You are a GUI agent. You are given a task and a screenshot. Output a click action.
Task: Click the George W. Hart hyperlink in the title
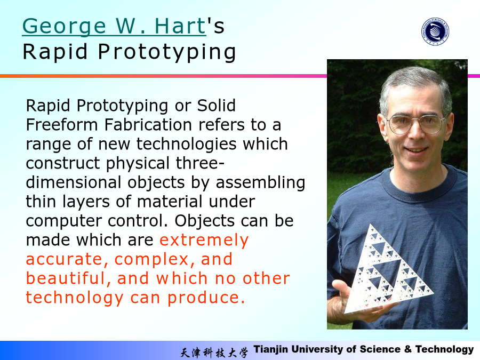click(x=114, y=26)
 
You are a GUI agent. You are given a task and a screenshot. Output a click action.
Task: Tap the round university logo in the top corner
click(x=435, y=31)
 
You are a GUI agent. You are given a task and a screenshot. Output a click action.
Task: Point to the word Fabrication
click(x=148, y=125)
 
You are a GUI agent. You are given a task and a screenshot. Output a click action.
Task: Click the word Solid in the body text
click(x=216, y=105)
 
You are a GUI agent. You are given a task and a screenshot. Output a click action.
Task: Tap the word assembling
click(x=260, y=183)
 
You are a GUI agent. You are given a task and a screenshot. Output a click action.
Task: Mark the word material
click(x=170, y=202)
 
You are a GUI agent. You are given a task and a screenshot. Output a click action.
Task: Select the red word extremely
click(x=204, y=241)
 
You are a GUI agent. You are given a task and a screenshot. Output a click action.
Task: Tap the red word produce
click(x=206, y=298)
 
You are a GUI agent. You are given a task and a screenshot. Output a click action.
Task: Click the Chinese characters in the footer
click(x=214, y=353)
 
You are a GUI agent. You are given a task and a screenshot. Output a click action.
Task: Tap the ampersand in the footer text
click(x=408, y=349)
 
